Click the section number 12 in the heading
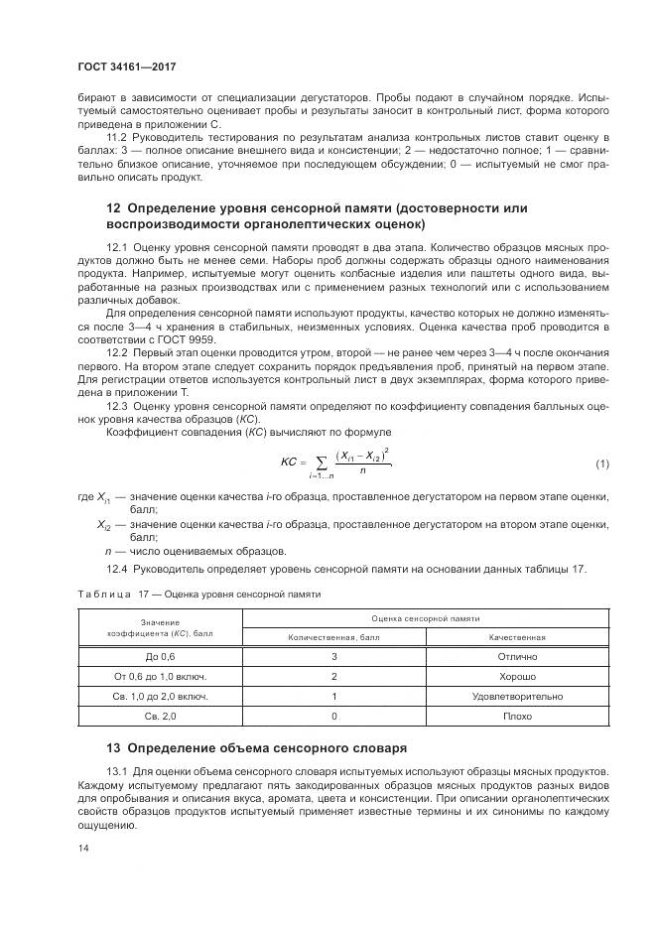coord(113,208)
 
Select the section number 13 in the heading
coord(113,746)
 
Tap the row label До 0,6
coord(160,656)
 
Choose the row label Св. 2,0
coord(160,716)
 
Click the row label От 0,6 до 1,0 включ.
coord(160,676)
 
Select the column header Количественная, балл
coord(334,636)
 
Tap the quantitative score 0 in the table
coord(334,716)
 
